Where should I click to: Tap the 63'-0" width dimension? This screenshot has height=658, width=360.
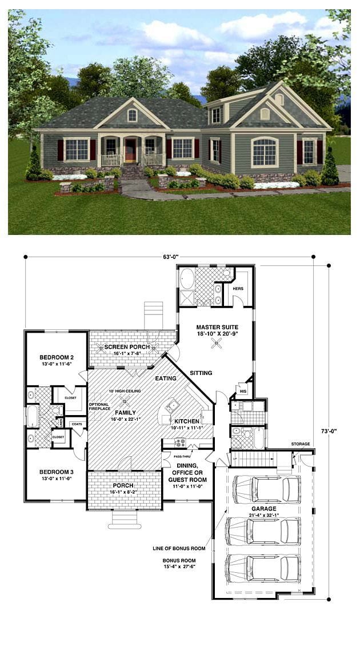tap(170, 257)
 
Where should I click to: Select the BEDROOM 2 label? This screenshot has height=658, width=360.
tap(56, 357)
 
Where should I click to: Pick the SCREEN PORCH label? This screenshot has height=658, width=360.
tap(127, 347)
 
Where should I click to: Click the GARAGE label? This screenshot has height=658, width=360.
tap(263, 508)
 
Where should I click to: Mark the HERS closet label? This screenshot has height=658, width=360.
tap(238, 289)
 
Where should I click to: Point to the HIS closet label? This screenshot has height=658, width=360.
tap(243, 390)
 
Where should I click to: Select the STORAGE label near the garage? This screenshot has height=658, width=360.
tap(301, 444)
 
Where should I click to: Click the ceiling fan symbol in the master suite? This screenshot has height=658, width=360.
tap(216, 343)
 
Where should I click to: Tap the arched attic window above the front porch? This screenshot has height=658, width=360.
tap(132, 115)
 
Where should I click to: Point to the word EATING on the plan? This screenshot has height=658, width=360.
tap(166, 378)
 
